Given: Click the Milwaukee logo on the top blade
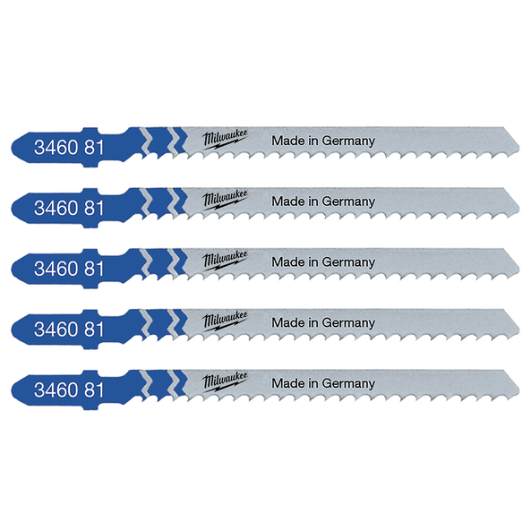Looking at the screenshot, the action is (x=225, y=139).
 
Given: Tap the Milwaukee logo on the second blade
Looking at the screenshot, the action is (x=225, y=200).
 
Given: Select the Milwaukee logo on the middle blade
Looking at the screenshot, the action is (x=225, y=260).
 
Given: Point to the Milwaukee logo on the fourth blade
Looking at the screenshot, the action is (x=225, y=321).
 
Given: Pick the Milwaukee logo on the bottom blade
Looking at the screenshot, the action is (x=225, y=381).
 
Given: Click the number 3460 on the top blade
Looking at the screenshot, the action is (x=56, y=148).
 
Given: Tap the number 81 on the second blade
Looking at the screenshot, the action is (x=94, y=208).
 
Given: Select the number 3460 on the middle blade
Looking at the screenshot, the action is (x=56, y=269).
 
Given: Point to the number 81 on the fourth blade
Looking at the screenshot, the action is (x=94, y=330).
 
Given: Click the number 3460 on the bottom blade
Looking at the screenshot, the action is (x=56, y=390).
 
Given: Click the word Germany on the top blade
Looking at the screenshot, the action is (x=348, y=141).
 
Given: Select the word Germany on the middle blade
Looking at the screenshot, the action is (x=348, y=262).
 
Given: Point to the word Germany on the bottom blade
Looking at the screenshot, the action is (x=348, y=384).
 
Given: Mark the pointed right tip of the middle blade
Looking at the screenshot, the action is (x=518, y=272).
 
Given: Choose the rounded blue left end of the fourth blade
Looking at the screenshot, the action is (x=13, y=330).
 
